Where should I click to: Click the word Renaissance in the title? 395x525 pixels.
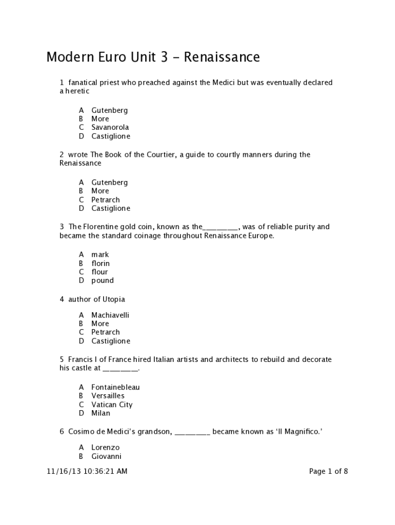[x=222, y=57]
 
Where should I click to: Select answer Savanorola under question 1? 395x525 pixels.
[x=110, y=127]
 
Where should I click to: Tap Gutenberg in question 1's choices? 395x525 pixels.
[x=109, y=110]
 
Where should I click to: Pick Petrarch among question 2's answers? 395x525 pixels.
[x=105, y=199]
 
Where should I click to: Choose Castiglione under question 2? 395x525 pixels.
[x=110, y=208]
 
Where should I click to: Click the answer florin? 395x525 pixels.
[x=101, y=263]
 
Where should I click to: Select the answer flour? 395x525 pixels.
[x=100, y=272]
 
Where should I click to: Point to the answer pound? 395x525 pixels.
[x=103, y=280]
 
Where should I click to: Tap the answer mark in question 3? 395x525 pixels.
[x=100, y=254]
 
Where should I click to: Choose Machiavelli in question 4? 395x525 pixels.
[x=110, y=315]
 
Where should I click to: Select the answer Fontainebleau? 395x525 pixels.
[x=115, y=387]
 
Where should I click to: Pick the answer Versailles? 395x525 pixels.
[x=108, y=396]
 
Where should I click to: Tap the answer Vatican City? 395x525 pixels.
[x=112, y=405]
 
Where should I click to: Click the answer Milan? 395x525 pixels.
[x=101, y=413]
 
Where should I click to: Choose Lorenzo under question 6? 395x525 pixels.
[x=105, y=448]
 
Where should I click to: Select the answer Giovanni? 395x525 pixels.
[x=106, y=456]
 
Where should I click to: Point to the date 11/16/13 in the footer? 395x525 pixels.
[x=61, y=471]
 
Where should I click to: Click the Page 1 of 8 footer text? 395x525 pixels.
[x=328, y=471]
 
